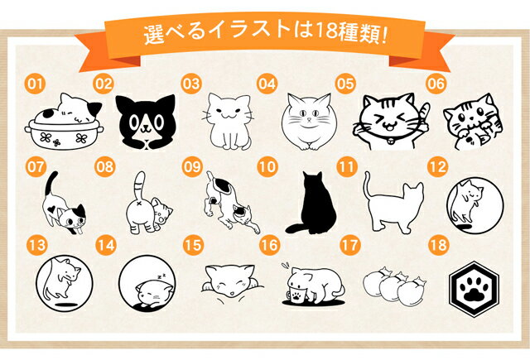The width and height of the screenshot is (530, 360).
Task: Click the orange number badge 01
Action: pyautogui.click(x=35, y=84)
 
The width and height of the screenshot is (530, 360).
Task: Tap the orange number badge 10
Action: pyautogui.click(x=267, y=166)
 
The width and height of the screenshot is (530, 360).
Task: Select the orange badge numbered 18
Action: pyautogui.click(x=439, y=245)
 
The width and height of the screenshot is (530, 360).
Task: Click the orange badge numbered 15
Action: pyautogui.click(x=193, y=245)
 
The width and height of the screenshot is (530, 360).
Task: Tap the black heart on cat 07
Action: pyautogui.click(x=51, y=209)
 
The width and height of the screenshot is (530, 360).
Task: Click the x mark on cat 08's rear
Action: pyautogui.click(x=138, y=204)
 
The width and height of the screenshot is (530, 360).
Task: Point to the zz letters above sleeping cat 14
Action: pyautogui.click(x=161, y=276)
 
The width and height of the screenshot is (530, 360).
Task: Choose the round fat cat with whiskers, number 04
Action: pyautogui.click(x=309, y=122)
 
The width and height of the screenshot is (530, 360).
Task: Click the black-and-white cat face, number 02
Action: pyautogui.click(x=146, y=122)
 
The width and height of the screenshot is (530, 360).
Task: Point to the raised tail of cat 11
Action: pyautogui.click(x=368, y=185)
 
